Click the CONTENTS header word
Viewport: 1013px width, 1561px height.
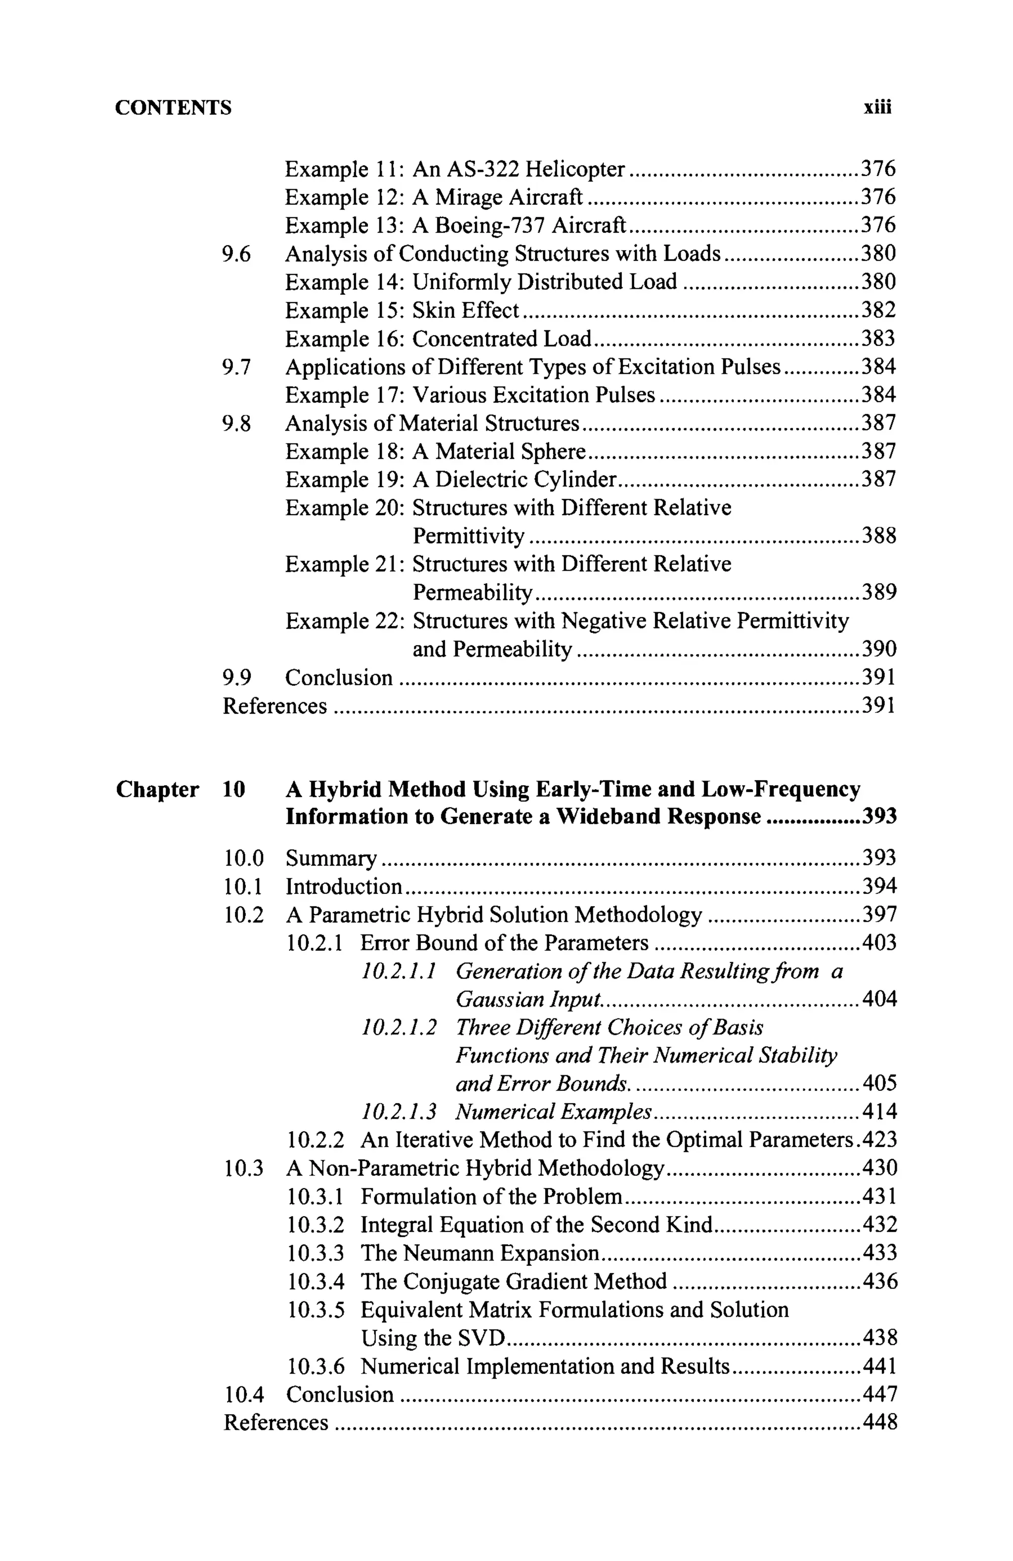pyautogui.click(x=173, y=108)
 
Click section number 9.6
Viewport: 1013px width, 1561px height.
pyautogui.click(x=236, y=254)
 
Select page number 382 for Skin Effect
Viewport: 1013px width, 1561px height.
pyautogui.click(x=878, y=310)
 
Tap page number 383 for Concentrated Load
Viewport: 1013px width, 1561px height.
pyautogui.click(x=878, y=338)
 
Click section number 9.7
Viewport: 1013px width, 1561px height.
pyautogui.click(x=236, y=366)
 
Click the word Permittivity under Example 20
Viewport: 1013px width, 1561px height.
pyautogui.click(x=468, y=536)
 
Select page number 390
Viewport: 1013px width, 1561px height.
pyautogui.click(x=878, y=649)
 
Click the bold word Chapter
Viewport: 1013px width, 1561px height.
pyautogui.click(x=157, y=790)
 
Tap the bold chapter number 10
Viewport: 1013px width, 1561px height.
pyautogui.click(x=233, y=790)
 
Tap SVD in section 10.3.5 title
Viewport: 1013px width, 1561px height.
pyautogui.click(x=481, y=1338)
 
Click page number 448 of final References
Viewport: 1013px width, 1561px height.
pyautogui.click(x=878, y=1423)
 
